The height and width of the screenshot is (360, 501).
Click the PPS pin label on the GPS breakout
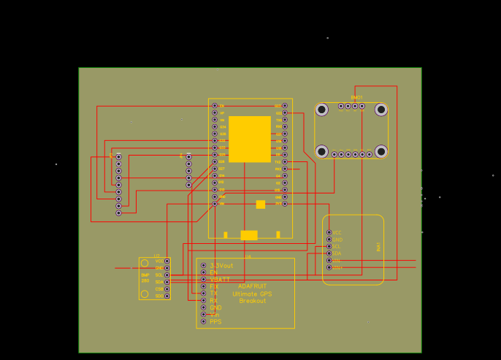coord(215,321)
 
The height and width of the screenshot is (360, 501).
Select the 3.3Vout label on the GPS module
coord(221,265)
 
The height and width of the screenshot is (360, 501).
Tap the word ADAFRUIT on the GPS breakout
coord(252,286)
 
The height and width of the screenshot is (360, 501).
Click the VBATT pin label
coord(220,280)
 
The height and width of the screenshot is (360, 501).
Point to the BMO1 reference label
coord(356,97)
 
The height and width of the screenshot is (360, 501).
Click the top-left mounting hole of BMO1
coord(321,110)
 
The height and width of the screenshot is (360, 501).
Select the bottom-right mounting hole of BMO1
coord(380,152)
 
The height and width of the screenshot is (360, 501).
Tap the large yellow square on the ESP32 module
coord(250,139)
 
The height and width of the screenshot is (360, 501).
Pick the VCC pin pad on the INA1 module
coord(329,232)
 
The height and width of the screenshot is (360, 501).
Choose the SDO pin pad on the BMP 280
coord(167,296)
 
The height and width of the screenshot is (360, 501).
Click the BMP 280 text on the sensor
coord(145,277)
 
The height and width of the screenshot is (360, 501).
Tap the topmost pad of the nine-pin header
coord(118,156)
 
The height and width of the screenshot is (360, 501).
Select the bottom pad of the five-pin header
coord(188,185)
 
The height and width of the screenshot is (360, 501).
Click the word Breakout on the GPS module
coord(253,301)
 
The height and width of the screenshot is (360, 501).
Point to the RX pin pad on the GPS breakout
coord(203,300)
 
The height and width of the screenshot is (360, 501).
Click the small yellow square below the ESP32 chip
coord(261,204)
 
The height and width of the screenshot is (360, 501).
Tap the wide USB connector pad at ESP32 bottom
coord(249,235)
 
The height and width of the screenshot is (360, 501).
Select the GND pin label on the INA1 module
coord(338,240)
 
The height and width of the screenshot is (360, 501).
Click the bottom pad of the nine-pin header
coord(118,213)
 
